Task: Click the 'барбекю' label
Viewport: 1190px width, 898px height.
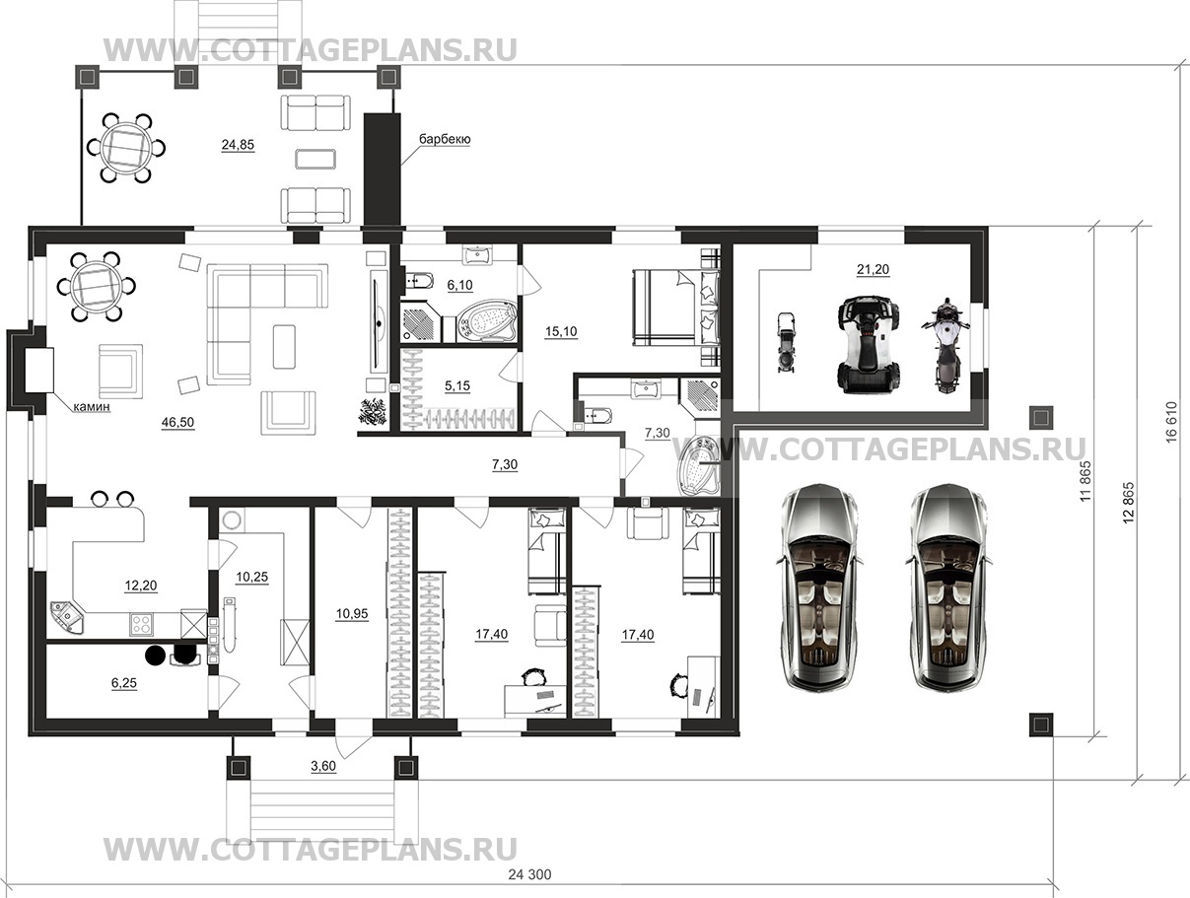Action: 445,139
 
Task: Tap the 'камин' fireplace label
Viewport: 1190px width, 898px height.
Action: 92,406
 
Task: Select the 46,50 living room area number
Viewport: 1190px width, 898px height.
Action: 177,422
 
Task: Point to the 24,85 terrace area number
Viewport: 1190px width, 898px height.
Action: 238,145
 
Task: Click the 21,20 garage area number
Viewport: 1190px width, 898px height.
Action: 873,269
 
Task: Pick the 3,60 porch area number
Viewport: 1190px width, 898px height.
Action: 323,766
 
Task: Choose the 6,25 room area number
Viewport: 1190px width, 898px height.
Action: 124,683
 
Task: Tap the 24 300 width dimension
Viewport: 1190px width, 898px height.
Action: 529,874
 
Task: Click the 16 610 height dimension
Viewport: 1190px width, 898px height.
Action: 1171,422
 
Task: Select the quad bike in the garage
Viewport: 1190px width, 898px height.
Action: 869,344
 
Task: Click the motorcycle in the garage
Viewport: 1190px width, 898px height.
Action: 945,345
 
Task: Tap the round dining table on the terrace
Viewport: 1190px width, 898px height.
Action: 126,148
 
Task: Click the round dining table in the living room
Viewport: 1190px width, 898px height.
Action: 96,286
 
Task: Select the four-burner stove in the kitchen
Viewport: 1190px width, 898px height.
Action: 142,624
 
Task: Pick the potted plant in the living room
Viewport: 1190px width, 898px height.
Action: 372,411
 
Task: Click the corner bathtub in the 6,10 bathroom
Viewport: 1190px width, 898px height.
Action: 485,323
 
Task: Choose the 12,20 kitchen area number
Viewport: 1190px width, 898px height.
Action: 141,586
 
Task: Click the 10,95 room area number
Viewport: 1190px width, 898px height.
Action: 352,613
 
